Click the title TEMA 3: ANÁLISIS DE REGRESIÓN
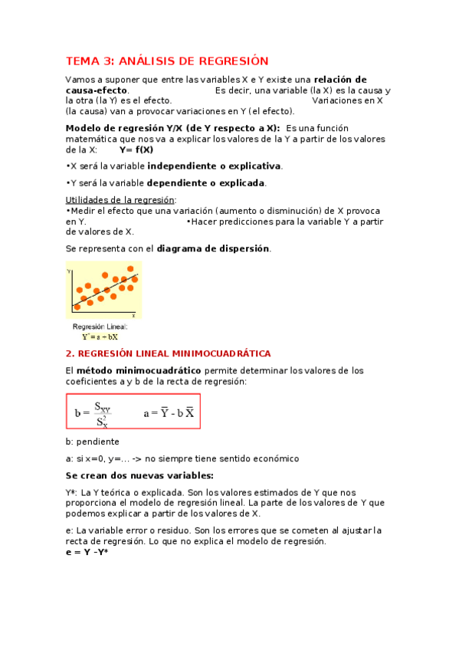point(168,61)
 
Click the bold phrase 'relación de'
point(340,80)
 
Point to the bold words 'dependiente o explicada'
point(206,183)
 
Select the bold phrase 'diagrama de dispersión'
point(213,248)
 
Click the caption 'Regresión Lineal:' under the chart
point(100,327)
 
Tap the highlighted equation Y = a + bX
point(100,336)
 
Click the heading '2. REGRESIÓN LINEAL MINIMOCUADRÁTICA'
point(169,353)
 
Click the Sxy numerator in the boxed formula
point(103,407)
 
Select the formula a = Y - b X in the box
point(169,413)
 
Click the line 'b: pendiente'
point(92,442)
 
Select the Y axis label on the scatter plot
point(69,271)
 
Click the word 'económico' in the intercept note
point(274,458)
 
